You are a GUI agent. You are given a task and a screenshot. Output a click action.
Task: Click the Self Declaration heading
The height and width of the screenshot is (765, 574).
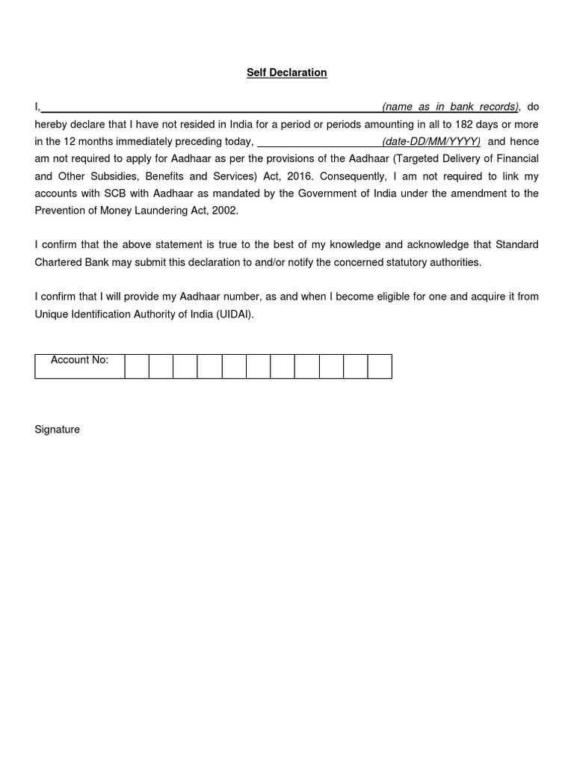(x=287, y=72)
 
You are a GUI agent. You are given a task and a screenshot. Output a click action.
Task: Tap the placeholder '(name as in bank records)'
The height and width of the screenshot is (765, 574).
(x=450, y=107)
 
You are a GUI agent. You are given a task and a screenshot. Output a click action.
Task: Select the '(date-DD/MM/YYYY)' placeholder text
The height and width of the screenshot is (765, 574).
(x=431, y=141)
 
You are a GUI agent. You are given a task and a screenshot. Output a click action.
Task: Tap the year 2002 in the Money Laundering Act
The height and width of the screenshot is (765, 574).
(x=224, y=211)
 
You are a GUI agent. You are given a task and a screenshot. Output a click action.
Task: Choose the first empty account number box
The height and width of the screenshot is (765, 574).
(x=137, y=367)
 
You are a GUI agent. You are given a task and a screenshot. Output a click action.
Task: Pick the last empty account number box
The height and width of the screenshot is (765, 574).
(x=380, y=367)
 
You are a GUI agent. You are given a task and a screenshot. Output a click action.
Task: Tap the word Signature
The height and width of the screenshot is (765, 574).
(x=57, y=430)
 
